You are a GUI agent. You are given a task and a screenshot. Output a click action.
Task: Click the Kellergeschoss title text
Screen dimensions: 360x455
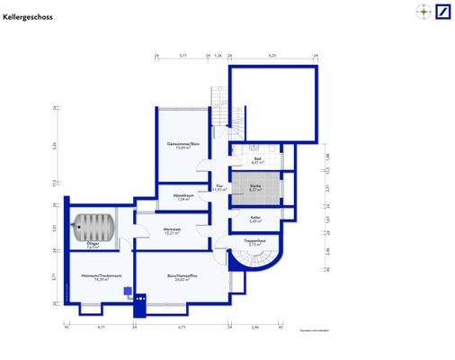pos(29,16)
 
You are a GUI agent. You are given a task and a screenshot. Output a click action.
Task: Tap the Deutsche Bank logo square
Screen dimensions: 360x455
pos(442,12)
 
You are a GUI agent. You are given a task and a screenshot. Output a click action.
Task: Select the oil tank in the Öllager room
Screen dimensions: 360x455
pos(93,226)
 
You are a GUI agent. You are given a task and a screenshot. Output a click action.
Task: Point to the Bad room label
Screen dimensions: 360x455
pos(257,160)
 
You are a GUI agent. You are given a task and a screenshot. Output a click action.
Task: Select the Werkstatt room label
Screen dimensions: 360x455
pos(174,231)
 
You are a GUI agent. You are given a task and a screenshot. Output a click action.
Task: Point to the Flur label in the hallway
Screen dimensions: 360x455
pos(219,188)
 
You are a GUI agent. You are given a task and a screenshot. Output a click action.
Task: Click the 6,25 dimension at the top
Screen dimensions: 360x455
pos(271,56)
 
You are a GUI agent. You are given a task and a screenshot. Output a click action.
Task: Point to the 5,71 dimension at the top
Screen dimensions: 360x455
pos(183,56)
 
